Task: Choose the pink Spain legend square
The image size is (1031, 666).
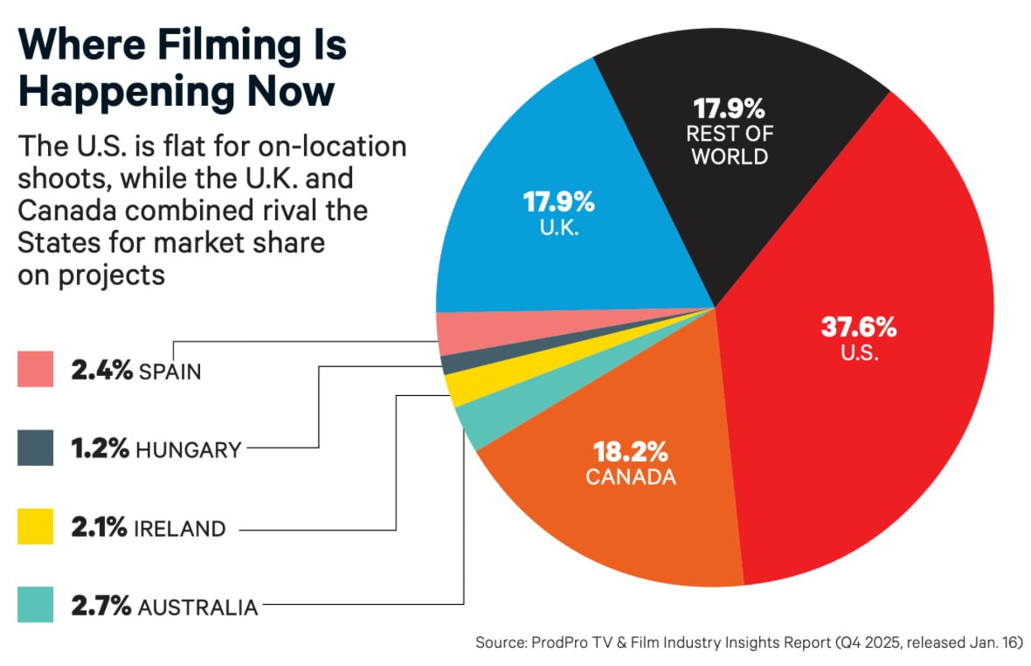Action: click(36, 369)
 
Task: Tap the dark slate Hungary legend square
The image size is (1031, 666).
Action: click(36, 447)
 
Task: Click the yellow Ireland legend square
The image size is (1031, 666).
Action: click(36, 526)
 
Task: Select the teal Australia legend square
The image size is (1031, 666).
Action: click(36, 605)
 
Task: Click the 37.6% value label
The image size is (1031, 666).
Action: click(858, 328)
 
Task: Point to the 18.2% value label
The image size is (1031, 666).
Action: click(630, 452)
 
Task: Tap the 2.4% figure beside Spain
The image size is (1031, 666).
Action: click(101, 370)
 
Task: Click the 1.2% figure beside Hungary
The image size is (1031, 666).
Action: click(100, 448)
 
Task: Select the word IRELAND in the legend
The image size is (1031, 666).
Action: click(180, 529)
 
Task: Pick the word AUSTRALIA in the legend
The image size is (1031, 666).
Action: click(198, 607)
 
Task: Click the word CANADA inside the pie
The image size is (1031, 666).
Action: click(630, 477)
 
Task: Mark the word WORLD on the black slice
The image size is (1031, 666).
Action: click(727, 156)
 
